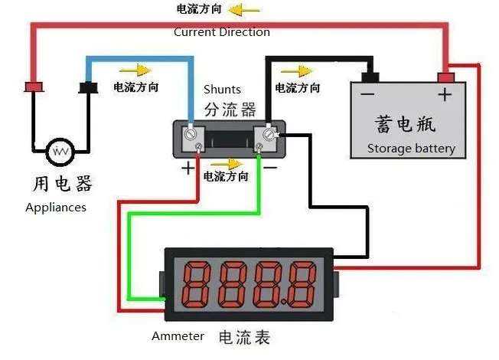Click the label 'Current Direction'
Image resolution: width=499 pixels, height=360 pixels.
coord(221,32)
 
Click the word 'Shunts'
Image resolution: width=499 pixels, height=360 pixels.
coord(222,90)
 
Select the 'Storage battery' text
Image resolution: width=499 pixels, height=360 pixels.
coord(410,149)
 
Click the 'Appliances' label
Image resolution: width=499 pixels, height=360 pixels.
coord(56,208)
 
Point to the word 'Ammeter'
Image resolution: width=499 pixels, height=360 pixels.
coord(178,336)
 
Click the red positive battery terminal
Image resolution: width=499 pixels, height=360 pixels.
coord(446,77)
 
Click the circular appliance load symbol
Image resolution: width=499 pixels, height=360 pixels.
coord(59,152)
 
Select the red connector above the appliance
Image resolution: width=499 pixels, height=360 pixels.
coord(33,86)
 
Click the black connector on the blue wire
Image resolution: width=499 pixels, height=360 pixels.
coord(89,87)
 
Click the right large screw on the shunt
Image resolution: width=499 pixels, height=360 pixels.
coord(269,134)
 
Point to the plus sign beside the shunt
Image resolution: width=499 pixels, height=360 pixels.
coord(187,168)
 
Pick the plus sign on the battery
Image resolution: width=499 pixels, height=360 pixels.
coord(445,94)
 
